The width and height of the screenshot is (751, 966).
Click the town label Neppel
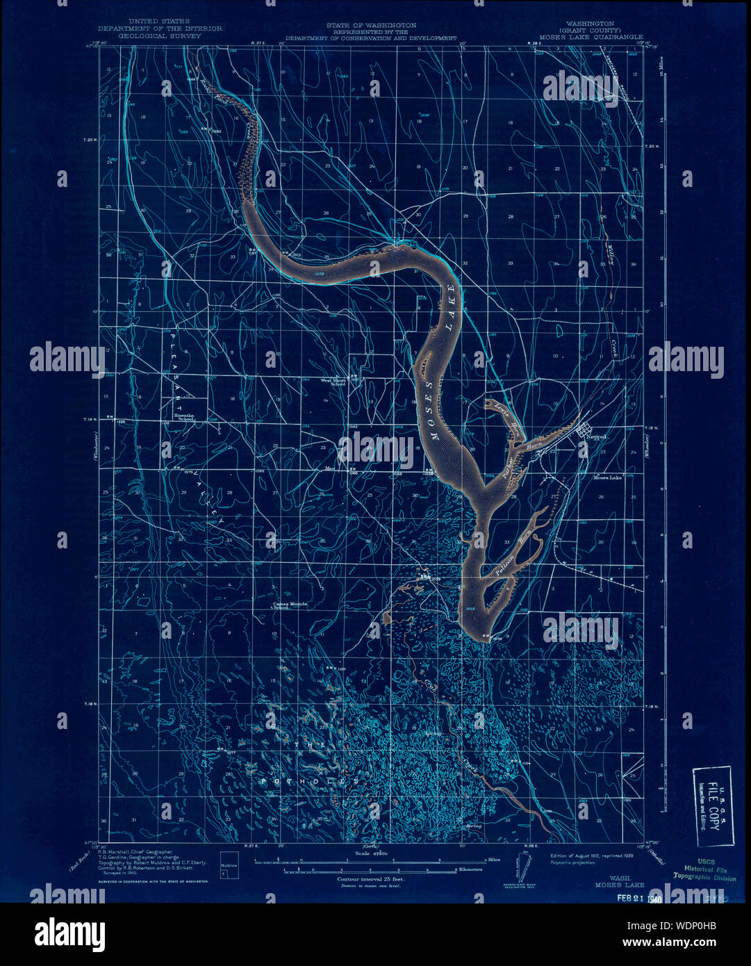(x=596, y=437)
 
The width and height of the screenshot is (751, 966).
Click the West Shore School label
(x=333, y=382)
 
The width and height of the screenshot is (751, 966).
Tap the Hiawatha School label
(x=183, y=420)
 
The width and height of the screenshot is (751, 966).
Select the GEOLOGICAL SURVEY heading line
(x=160, y=35)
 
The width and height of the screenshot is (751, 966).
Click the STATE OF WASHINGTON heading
(x=372, y=24)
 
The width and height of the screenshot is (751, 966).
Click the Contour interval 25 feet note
(x=370, y=879)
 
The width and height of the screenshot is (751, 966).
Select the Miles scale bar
(x=368, y=861)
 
